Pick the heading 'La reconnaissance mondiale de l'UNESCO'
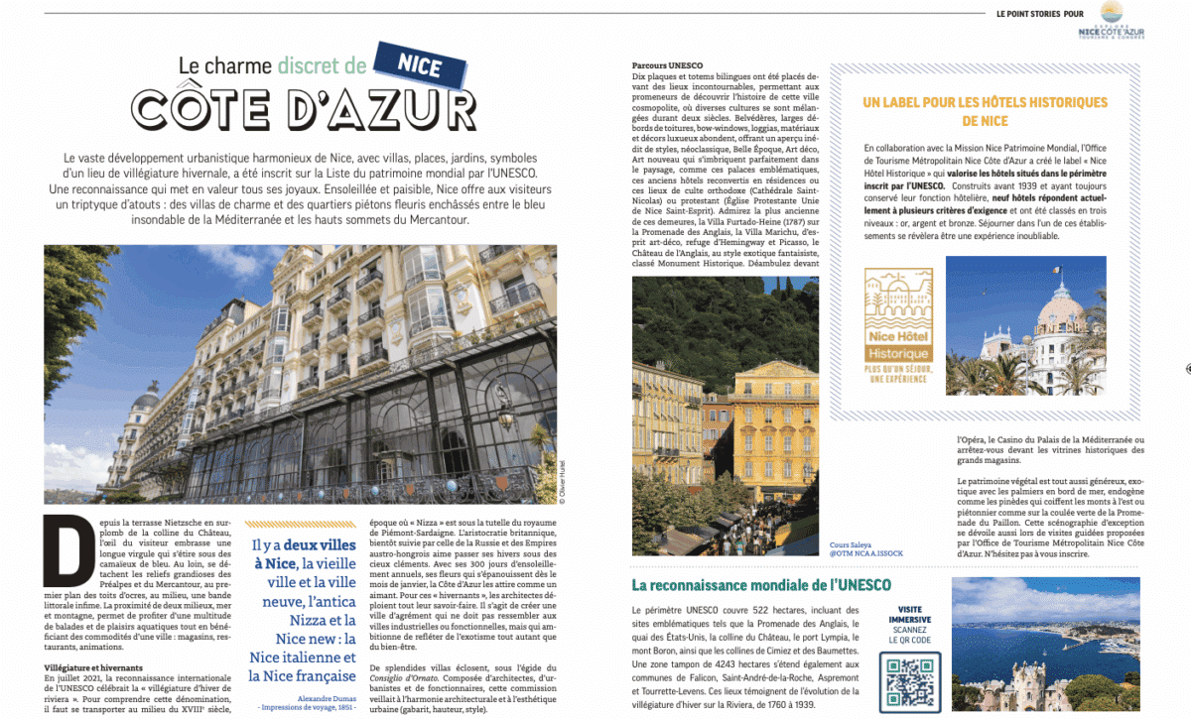(761, 585)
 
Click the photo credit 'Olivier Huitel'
(562, 482)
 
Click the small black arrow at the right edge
(1187, 368)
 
